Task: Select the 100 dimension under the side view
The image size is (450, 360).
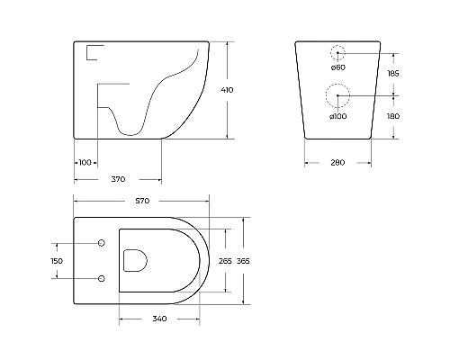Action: (85, 162)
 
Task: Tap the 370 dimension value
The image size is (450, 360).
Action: (118, 179)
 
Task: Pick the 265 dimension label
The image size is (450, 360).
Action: (225, 261)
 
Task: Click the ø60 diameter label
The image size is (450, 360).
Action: (337, 67)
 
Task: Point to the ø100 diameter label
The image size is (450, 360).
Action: (338, 117)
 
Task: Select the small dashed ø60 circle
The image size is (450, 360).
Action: (337, 52)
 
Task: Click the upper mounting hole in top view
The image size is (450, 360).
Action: (101, 244)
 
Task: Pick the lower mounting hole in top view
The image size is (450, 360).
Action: (101, 277)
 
